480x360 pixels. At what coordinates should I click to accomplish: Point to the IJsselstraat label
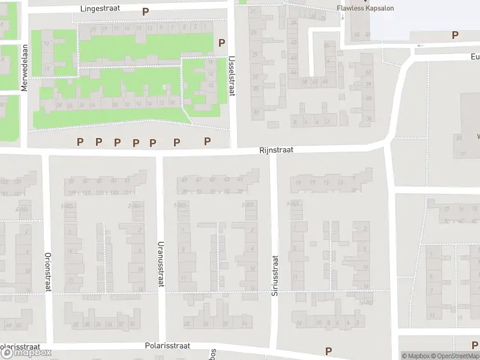(x=232, y=76)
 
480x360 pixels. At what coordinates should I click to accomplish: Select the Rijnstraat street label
(x=276, y=150)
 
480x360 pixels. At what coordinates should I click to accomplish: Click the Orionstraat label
(x=47, y=272)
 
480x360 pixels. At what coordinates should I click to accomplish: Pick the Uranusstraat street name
(x=160, y=264)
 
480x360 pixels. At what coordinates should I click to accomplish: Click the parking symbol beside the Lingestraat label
(x=145, y=11)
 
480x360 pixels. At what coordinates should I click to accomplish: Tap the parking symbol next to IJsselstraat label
(x=221, y=43)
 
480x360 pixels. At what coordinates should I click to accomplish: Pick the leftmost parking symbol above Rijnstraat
(x=80, y=142)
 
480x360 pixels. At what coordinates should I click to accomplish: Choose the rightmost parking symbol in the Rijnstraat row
(x=207, y=141)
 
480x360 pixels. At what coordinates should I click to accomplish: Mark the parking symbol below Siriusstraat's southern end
(x=328, y=351)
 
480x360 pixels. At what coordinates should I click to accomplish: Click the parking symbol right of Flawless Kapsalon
(x=455, y=36)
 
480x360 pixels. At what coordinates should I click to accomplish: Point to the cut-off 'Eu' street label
(x=475, y=56)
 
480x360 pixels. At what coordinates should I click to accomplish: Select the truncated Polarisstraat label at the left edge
(x=20, y=347)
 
